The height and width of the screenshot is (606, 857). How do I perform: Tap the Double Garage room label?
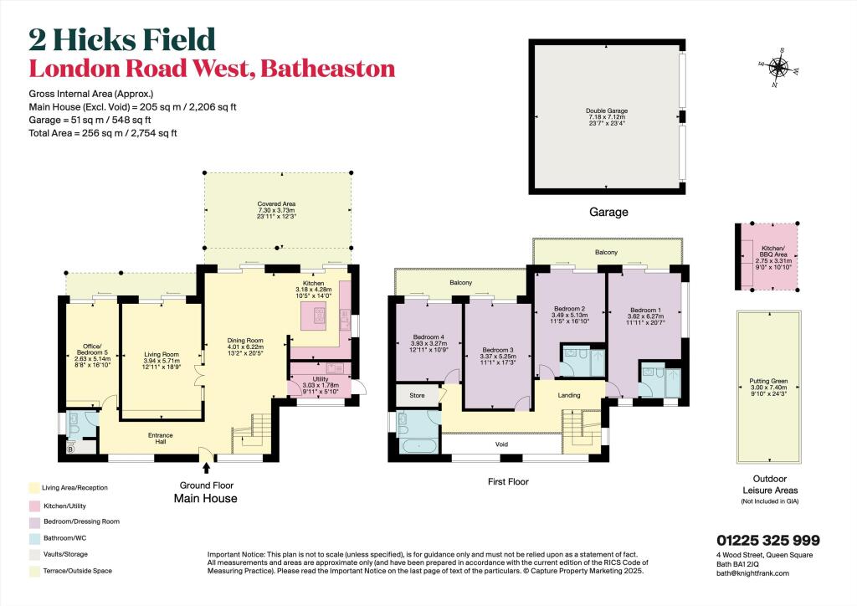click(x=608, y=116)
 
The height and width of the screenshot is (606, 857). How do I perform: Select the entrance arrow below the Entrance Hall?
click(x=206, y=456)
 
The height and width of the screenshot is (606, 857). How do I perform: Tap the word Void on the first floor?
click(x=502, y=444)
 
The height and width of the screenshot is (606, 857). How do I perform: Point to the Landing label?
click(x=569, y=396)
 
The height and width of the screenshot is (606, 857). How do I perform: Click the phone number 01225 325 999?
click(x=767, y=542)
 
